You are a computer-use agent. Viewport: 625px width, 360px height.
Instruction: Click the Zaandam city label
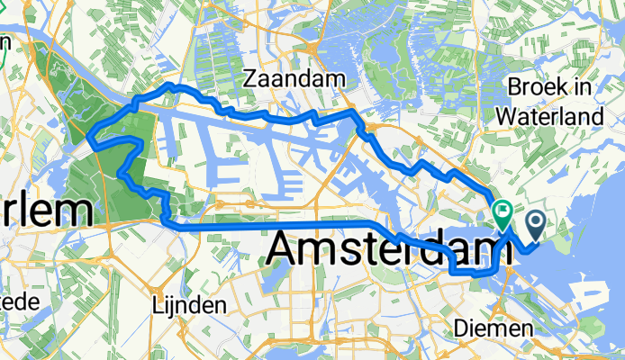(x=295, y=80)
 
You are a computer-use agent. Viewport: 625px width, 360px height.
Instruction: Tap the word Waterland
(x=553, y=117)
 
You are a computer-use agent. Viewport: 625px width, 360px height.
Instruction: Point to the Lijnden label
(x=189, y=305)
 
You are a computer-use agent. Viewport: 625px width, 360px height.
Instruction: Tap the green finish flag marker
(x=502, y=214)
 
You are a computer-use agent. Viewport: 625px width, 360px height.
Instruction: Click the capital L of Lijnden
(x=159, y=305)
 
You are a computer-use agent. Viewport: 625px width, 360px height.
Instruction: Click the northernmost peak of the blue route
(x=168, y=85)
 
